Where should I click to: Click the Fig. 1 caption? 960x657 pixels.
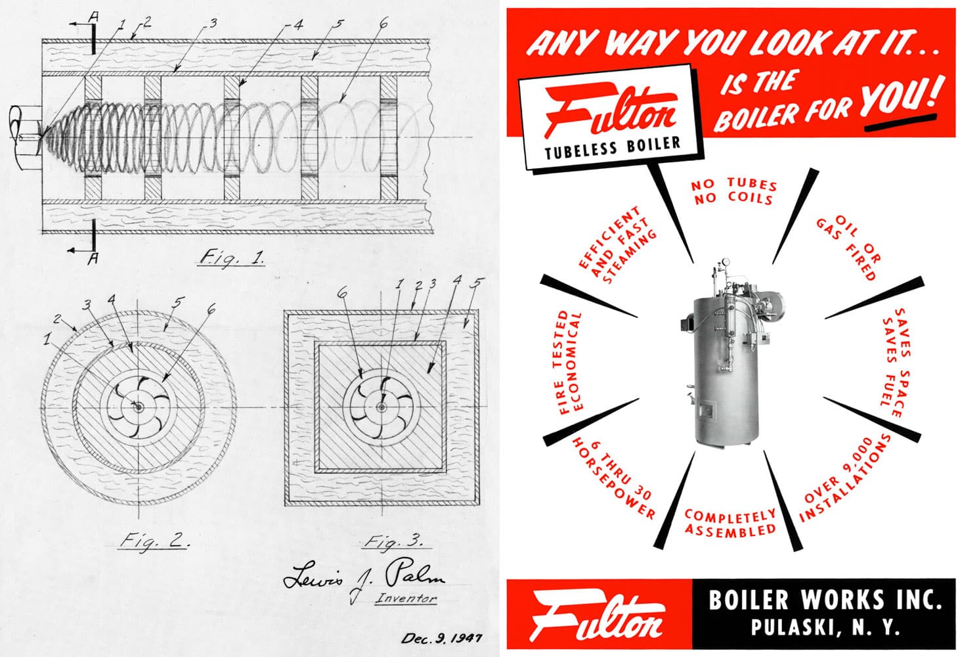(231, 258)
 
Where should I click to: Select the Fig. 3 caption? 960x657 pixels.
(394, 542)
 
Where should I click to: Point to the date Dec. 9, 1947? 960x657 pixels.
(441, 638)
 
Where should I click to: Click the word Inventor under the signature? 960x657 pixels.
(405, 599)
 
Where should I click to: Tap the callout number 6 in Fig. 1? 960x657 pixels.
(383, 24)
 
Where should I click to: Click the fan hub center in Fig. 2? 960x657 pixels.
(138, 407)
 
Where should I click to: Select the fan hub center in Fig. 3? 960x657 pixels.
(381, 407)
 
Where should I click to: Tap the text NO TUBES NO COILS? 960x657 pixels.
(733, 191)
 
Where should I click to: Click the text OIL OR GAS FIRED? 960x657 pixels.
(850, 246)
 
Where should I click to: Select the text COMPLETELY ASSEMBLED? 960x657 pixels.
(730, 523)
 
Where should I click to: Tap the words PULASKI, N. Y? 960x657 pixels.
(825, 627)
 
